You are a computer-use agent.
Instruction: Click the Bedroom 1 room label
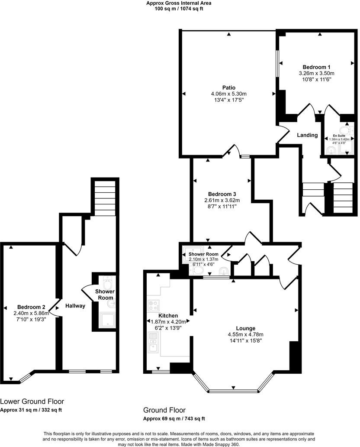pyautogui.click(x=316, y=67)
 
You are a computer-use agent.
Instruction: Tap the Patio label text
pyautogui.click(x=228, y=87)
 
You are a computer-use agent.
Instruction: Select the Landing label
pyautogui.click(x=307, y=135)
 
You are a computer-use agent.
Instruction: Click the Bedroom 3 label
pyautogui.click(x=222, y=194)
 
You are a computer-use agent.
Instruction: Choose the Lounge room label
pyautogui.click(x=245, y=328)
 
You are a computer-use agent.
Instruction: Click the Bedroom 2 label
pyautogui.click(x=29, y=307)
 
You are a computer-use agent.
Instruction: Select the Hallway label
pyautogui.click(x=75, y=306)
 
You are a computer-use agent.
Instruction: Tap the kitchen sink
pyautogui.click(x=153, y=345)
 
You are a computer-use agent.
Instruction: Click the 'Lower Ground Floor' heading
pyautogui.click(x=32, y=402)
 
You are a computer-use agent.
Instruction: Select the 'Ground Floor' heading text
pyautogui.click(x=164, y=410)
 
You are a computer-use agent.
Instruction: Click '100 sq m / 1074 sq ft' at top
pyautogui.click(x=179, y=9)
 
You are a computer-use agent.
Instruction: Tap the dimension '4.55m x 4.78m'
pyautogui.click(x=245, y=334)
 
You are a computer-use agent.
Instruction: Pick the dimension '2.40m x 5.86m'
pyautogui.click(x=29, y=313)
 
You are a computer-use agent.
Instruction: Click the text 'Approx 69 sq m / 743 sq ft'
pyautogui.click(x=174, y=418)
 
